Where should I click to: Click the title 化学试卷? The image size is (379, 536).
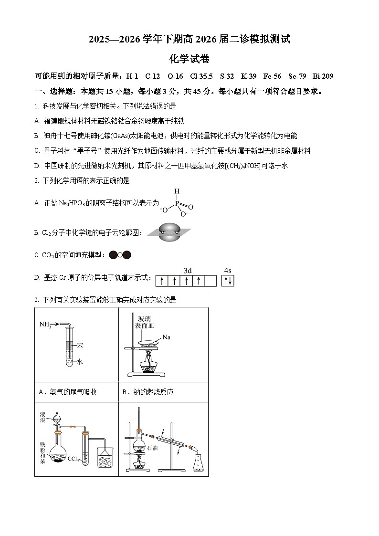189,59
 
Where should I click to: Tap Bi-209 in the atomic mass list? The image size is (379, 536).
323,76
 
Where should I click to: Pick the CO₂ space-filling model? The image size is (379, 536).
120,255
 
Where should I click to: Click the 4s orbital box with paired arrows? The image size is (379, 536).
228,281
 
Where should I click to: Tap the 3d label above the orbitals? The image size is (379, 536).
187,270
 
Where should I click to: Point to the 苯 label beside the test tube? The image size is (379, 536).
80,345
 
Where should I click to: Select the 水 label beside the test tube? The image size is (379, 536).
80,362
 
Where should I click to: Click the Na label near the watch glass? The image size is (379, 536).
166,337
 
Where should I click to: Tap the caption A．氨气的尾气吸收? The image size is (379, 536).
67,392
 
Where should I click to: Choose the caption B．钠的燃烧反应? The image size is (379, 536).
148,392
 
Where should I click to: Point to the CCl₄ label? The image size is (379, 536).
73,459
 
